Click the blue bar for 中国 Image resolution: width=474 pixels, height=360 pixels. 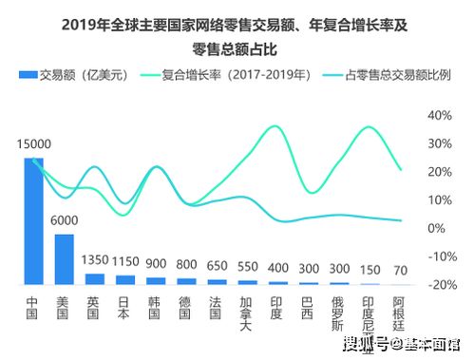click(x=33, y=220)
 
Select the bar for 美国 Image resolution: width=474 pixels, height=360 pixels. click(x=64, y=258)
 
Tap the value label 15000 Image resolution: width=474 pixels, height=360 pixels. click(x=33, y=143)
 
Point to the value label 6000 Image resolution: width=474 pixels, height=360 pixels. click(x=64, y=219)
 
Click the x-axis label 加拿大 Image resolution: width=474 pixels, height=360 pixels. click(x=248, y=313)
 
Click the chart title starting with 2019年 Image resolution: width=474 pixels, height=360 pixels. click(x=237, y=26)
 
